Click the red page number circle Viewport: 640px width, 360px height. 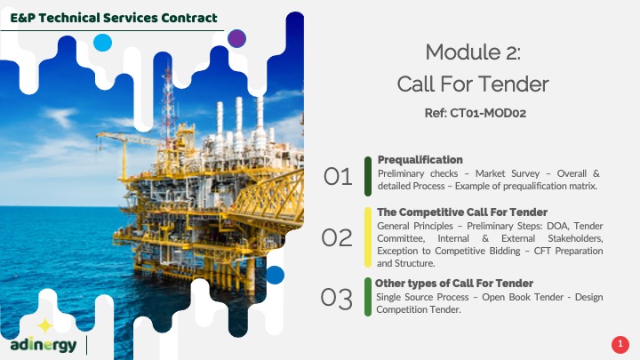[620, 345]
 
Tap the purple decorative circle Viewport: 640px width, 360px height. [236, 39]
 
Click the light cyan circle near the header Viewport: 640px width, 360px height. [102, 43]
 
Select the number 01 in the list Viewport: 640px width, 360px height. [338, 177]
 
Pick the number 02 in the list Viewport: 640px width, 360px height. [337, 237]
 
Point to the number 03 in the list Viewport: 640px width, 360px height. [336, 298]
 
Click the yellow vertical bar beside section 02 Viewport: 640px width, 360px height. [368, 237]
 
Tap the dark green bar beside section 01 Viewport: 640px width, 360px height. [368, 176]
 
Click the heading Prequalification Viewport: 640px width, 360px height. [420, 160]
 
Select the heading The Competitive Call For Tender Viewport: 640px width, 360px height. [462, 212]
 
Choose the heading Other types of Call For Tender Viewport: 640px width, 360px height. [454, 284]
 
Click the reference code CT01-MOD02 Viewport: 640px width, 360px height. [488, 113]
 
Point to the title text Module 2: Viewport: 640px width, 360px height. [473, 52]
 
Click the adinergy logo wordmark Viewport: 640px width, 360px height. [44, 345]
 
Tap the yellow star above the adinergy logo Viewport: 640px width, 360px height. [45, 325]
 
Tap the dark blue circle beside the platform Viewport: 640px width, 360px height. [275, 275]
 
